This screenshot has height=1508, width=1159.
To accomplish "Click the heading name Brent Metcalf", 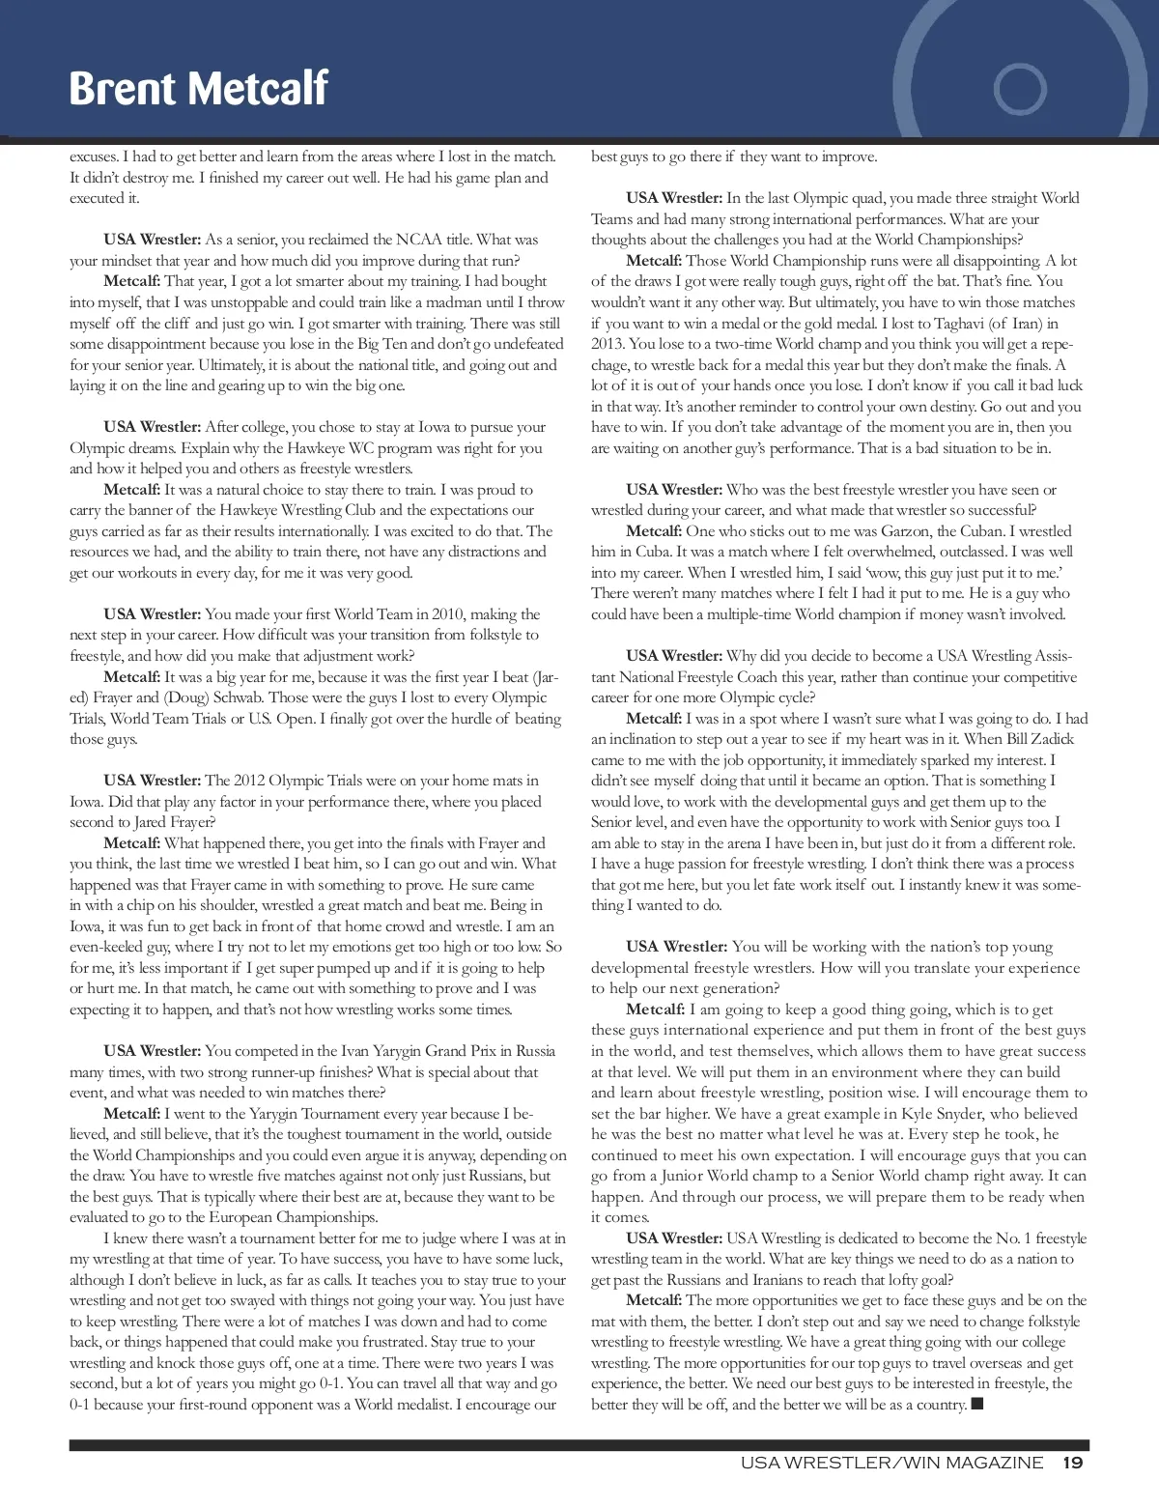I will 198,89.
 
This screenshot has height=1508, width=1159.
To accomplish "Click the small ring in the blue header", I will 1021,89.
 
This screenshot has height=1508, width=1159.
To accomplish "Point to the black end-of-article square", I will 976,1404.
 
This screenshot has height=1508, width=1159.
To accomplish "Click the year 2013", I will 608,343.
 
